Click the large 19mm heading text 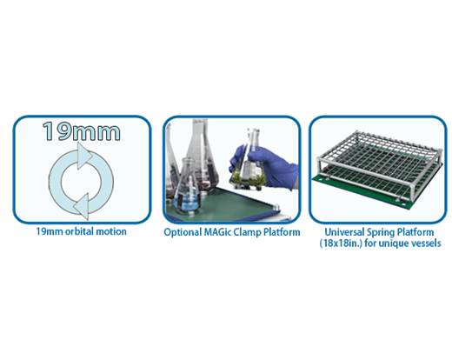[x=82, y=131]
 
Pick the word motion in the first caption [x=111, y=231]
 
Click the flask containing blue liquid [x=188, y=189]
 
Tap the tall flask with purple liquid [x=201, y=157]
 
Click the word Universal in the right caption [x=344, y=232]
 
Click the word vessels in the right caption [x=426, y=243]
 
